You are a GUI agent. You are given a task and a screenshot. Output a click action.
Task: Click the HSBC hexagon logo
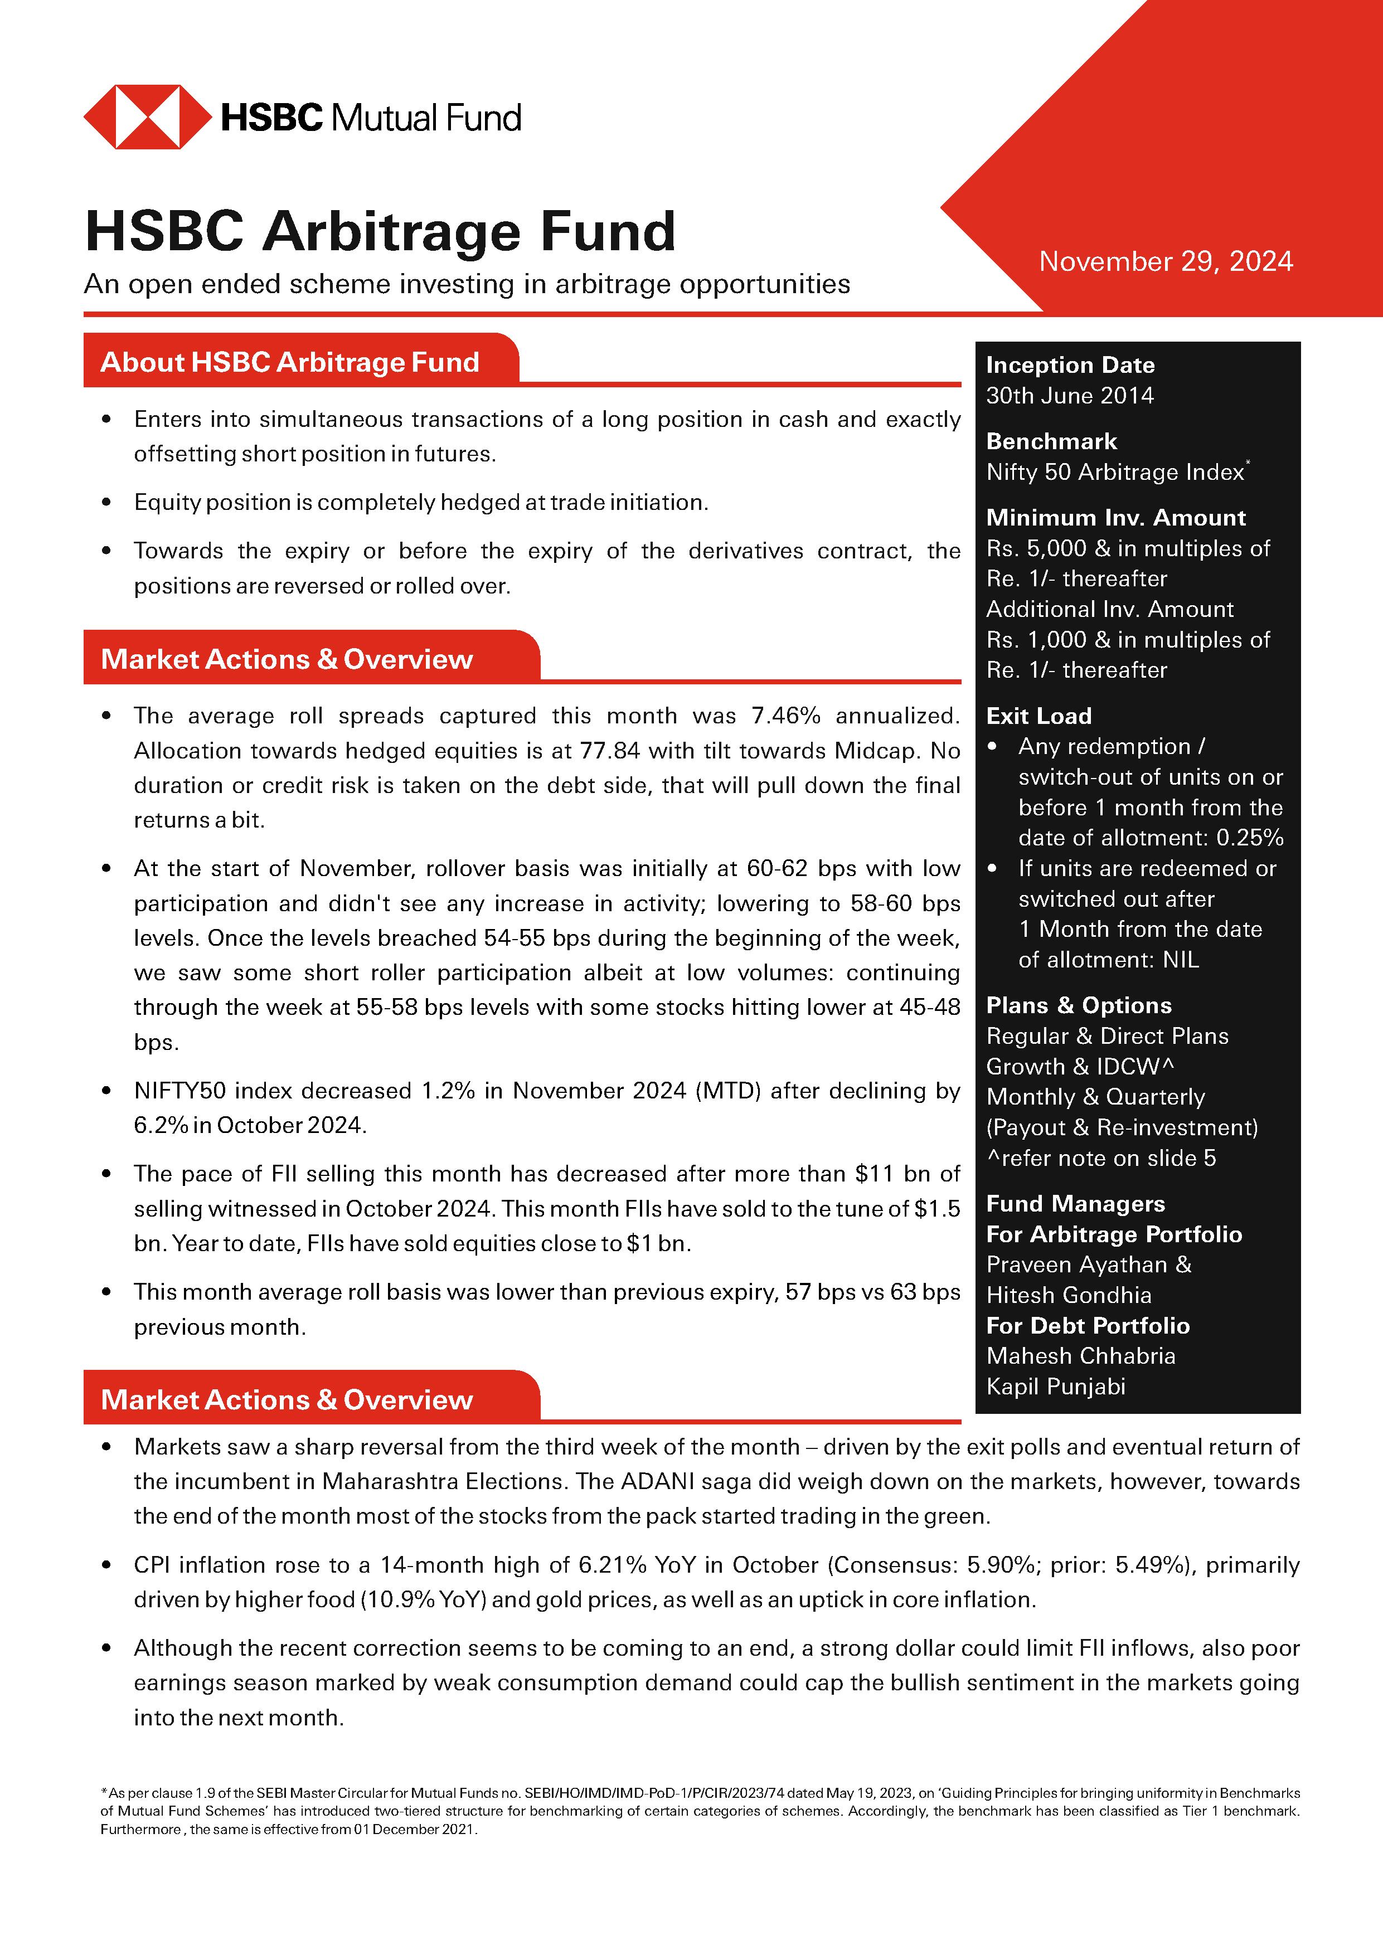tap(147, 116)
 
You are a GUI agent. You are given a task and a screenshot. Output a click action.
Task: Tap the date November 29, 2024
tap(1165, 261)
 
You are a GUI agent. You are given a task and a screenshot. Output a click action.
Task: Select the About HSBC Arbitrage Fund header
tap(289, 362)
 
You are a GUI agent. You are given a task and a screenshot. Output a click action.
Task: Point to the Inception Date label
tap(1070, 365)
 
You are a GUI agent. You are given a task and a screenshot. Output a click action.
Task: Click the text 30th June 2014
tap(1070, 396)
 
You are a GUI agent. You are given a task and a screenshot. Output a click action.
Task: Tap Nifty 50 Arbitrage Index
tap(1114, 473)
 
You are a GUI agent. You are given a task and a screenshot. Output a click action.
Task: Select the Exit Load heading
tap(1038, 716)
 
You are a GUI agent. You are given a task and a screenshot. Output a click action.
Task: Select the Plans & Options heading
tap(1078, 1005)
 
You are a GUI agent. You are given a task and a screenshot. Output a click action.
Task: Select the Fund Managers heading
tap(1075, 1204)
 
